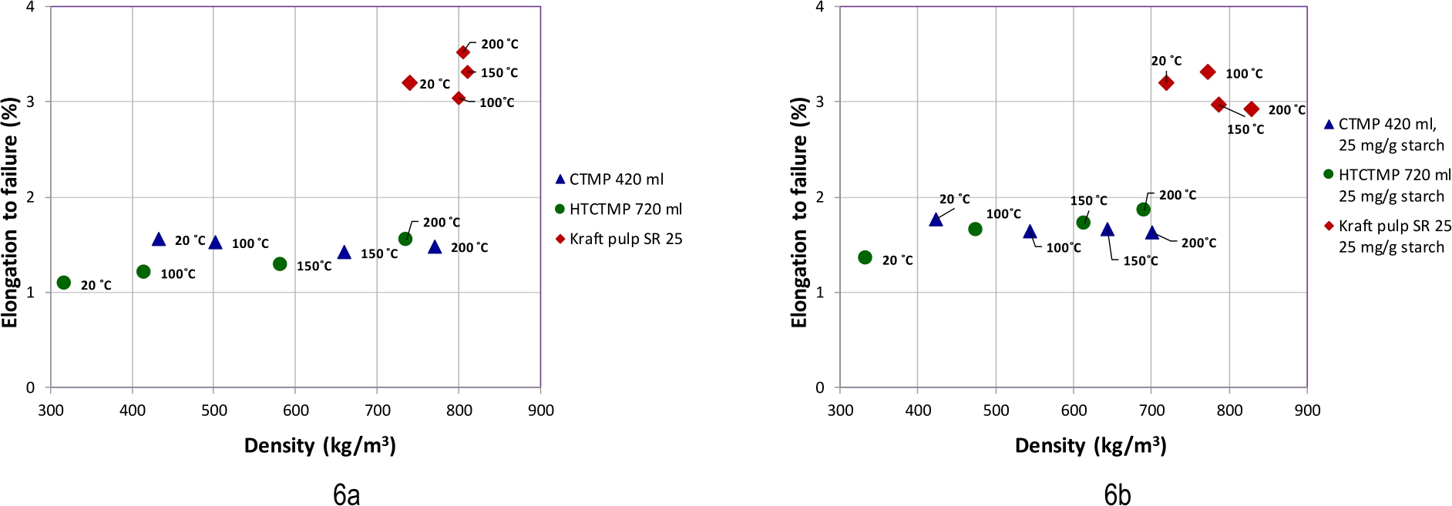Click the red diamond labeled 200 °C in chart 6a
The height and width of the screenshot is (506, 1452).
tap(463, 52)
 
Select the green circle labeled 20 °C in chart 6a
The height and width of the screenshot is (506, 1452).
tap(64, 283)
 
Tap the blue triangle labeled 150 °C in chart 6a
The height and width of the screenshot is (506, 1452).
tap(345, 253)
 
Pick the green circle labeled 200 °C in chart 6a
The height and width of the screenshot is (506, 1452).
tap(405, 239)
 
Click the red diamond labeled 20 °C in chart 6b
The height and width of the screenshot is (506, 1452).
tap(1166, 82)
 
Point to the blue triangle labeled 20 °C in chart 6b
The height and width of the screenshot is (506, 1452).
tap(936, 220)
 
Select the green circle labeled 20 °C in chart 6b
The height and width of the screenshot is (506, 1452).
tap(865, 257)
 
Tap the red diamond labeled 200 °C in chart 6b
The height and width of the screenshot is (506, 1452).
tap(1252, 109)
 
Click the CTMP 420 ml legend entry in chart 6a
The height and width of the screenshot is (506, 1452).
tap(609, 179)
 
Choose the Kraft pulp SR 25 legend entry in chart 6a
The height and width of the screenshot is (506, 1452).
tap(619, 239)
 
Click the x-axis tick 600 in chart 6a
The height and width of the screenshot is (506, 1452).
tap(296, 410)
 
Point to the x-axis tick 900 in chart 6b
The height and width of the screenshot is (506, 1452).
tap(1307, 410)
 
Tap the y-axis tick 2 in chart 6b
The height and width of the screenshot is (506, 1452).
tap(820, 197)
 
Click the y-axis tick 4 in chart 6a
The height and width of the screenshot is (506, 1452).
tap(30, 7)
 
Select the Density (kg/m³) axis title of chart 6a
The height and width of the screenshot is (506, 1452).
tap(320, 446)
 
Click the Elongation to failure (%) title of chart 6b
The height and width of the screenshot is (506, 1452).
tap(799, 212)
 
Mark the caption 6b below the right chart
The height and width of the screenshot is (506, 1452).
tap(1117, 494)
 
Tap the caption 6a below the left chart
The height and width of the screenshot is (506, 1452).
tap(346, 494)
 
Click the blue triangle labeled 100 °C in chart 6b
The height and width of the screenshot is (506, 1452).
tap(1030, 232)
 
